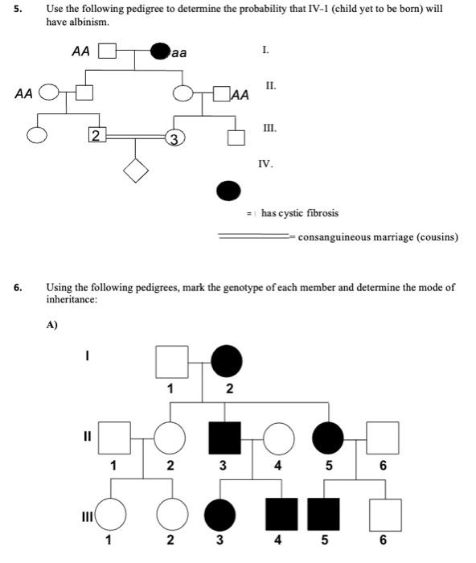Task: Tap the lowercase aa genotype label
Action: (178, 52)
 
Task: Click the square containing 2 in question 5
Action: (96, 136)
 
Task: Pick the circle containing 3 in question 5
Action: (172, 136)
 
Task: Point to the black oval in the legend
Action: (229, 190)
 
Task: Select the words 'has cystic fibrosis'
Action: (300, 213)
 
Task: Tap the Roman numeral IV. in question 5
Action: (265, 164)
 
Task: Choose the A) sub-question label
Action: (53, 326)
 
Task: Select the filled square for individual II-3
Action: (224, 438)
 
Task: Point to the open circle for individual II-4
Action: (278, 438)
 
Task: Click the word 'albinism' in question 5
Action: (88, 21)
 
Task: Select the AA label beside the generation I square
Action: (80, 51)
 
